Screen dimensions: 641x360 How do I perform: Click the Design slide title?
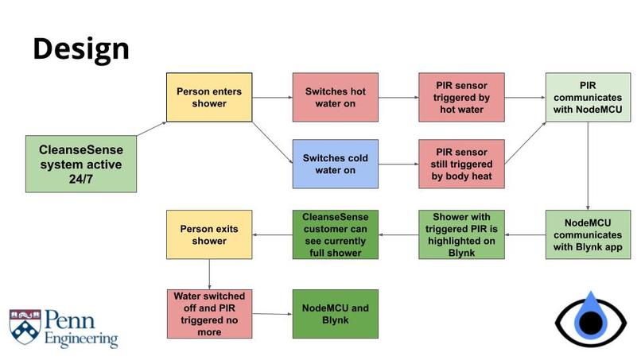(81, 49)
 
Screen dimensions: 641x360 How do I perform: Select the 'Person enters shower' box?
(209, 97)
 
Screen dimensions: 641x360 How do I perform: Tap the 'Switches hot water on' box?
(336, 97)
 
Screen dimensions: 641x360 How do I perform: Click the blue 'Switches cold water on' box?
(336, 164)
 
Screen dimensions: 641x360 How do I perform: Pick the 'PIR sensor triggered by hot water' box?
(461, 97)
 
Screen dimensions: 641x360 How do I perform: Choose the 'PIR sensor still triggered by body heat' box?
(461, 164)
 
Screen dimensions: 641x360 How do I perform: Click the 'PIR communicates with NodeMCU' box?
(588, 97)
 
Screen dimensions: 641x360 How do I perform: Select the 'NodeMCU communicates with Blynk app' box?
(588, 234)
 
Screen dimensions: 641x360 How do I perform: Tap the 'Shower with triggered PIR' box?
(461, 234)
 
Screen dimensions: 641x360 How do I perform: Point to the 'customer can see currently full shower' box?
(336, 234)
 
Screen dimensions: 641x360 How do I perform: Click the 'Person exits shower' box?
(209, 234)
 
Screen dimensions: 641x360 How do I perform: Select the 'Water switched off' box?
(209, 314)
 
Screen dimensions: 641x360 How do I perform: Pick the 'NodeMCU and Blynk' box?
(336, 314)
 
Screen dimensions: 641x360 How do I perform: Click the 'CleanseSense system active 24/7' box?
(81, 164)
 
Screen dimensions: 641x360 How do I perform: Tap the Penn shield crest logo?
(25, 326)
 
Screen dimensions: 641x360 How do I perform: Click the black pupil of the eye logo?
(591, 323)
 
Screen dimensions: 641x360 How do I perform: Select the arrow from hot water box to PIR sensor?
(398, 97)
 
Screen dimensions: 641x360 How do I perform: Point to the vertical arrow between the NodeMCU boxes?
(588, 166)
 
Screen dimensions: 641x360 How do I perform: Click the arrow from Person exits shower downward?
(209, 274)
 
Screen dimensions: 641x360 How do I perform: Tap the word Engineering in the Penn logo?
(81, 339)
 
